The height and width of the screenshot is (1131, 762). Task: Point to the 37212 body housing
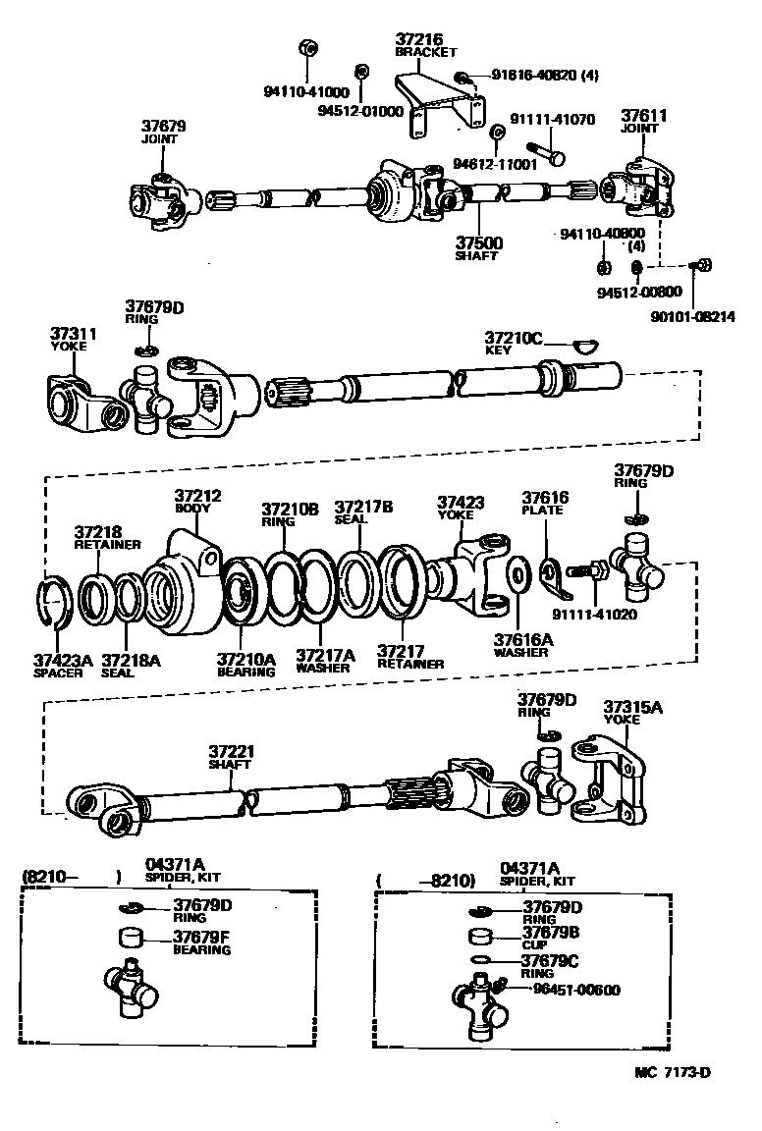184,587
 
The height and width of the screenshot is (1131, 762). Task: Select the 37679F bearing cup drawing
132,937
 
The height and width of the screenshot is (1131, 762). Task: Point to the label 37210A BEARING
245,665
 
